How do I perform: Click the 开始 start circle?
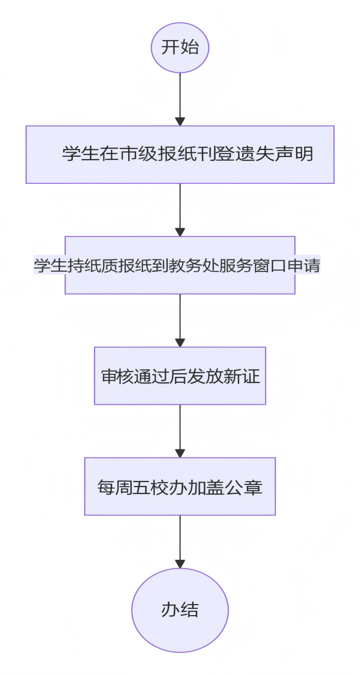pyautogui.click(x=180, y=48)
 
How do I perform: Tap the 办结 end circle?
pyautogui.click(x=180, y=610)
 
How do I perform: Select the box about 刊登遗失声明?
pyautogui.click(x=180, y=154)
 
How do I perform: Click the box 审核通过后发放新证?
pyautogui.click(x=180, y=376)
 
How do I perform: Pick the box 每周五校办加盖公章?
pyautogui.click(x=180, y=486)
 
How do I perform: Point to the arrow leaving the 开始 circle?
pyautogui.click(x=180, y=99)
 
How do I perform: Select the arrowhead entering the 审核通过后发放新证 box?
pyautogui.click(x=180, y=343)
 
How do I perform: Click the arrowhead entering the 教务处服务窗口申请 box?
pyautogui.click(x=180, y=232)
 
